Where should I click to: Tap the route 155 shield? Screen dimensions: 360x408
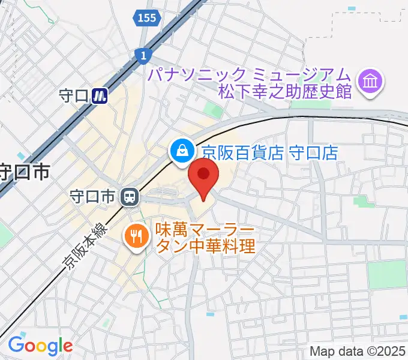[146, 18]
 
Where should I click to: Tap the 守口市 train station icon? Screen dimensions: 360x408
[128, 196]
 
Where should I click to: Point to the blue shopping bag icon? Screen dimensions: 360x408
[181, 151]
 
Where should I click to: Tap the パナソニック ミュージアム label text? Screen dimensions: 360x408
[250, 74]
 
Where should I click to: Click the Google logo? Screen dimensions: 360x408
[40, 345]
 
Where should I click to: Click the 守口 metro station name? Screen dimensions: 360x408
[74, 95]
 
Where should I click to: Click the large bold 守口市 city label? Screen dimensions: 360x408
[24, 173]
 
